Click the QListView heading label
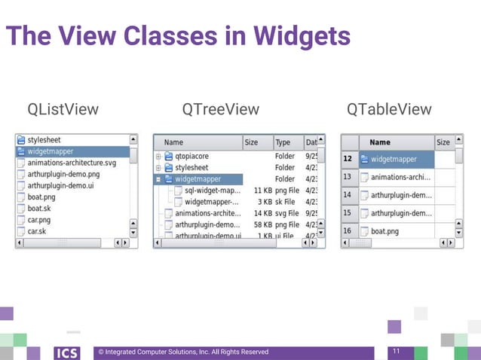tap(63, 110)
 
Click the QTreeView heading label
tap(221, 110)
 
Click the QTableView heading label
tap(389, 110)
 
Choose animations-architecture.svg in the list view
tap(72, 163)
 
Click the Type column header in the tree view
tap(283, 142)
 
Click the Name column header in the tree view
tap(174, 142)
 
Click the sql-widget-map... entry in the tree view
tap(213, 191)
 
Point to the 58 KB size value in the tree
tap(261, 224)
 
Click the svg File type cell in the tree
tap(287, 213)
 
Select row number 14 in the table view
tap(348, 195)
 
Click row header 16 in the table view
tap(348, 231)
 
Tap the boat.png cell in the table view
tap(384, 231)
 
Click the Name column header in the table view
tap(380, 142)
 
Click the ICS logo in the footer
tap(66, 352)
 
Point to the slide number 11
tap(396, 352)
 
